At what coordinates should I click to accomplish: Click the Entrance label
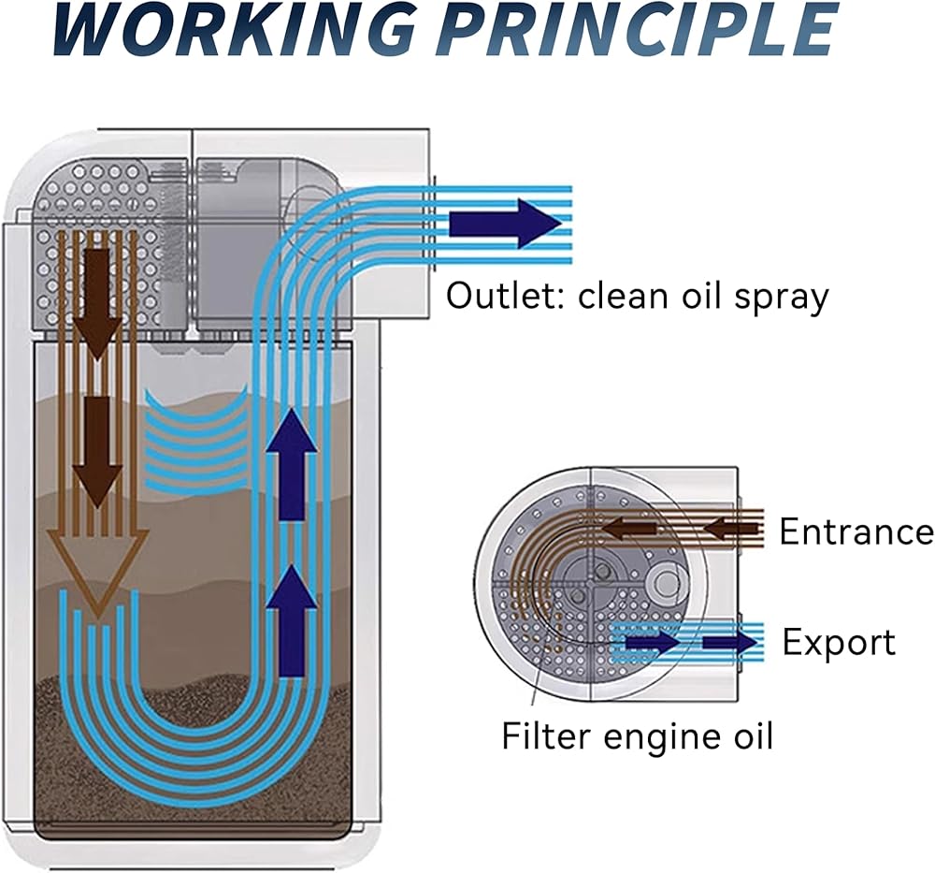pyautogui.click(x=856, y=531)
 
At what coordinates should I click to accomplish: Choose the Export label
pyautogui.click(x=839, y=643)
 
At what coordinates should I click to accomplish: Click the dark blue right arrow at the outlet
pyautogui.click(x=505, y=224)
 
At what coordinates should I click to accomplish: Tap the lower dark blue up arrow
pyautogui.click(x=291, y=619)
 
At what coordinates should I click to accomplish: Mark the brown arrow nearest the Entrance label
pyautogui.click(x=732, y=528)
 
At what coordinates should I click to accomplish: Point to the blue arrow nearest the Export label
pyautogui.click(x=730, y=643)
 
